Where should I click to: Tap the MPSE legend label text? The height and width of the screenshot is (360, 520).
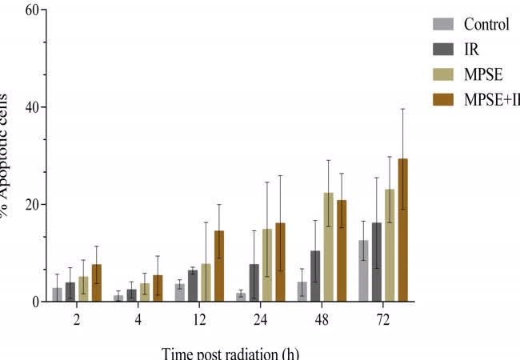(x=482, y=74)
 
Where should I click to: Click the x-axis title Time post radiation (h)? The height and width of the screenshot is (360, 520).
(x=232, y=352)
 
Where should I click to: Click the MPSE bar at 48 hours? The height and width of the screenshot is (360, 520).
(x=328, y=247)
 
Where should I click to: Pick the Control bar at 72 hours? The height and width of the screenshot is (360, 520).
(x=364, y=271)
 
